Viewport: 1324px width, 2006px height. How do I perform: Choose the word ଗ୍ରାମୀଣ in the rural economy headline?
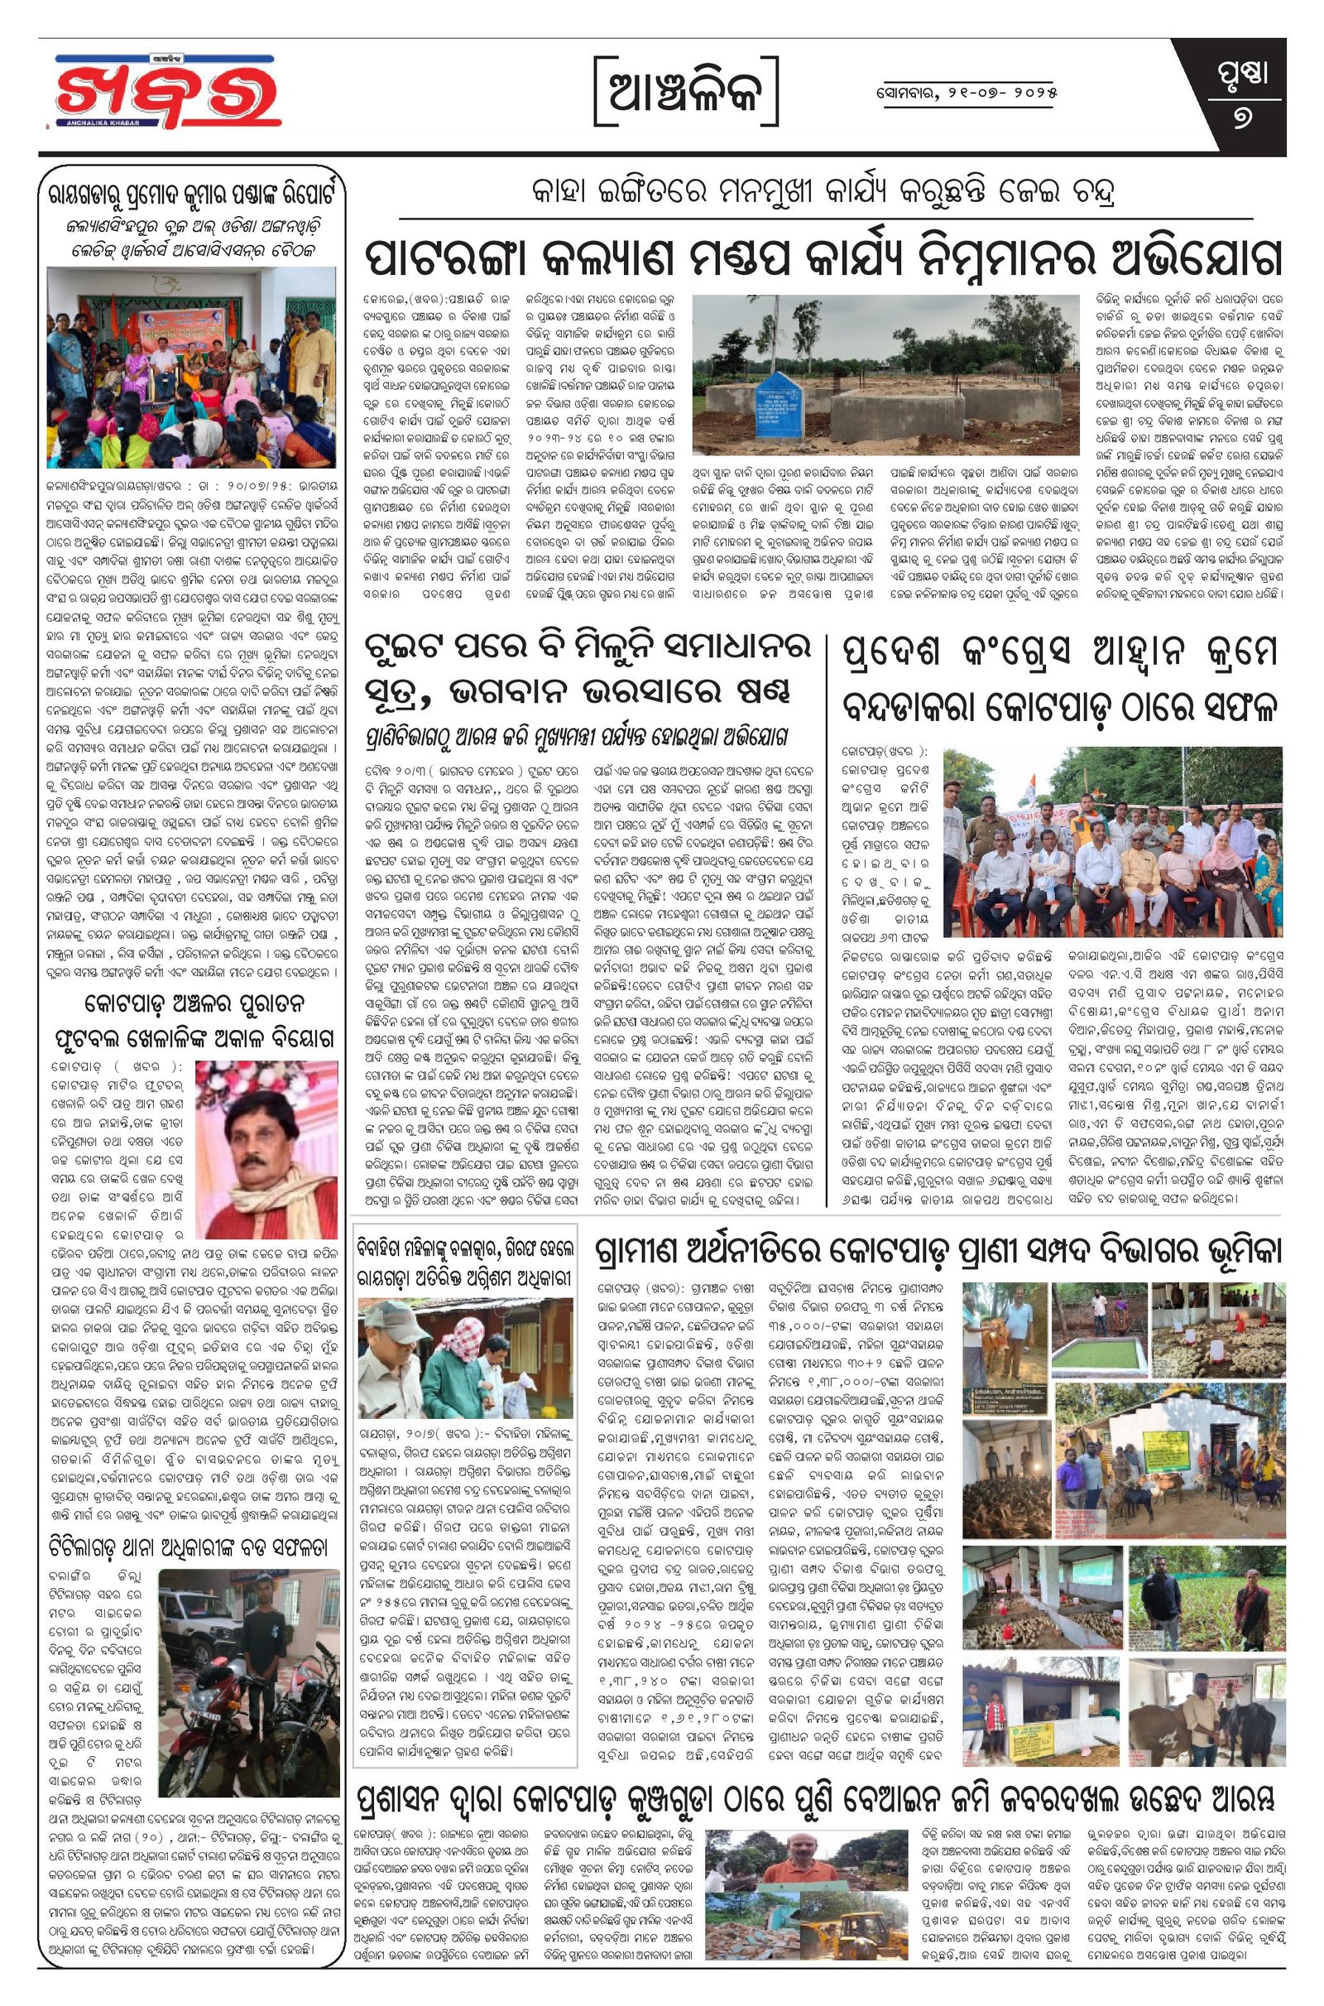651,1251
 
